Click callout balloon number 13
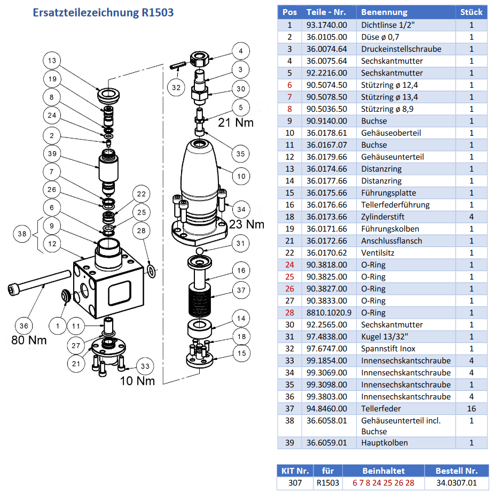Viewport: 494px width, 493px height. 52,60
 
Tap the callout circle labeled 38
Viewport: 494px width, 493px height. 22,234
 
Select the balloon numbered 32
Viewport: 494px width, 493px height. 176,87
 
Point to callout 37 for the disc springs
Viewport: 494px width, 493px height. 241,290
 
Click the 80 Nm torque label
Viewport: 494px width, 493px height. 29,340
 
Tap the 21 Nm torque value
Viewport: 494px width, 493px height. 236,122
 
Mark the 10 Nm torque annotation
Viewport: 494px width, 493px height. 137,381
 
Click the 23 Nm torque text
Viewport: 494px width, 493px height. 246,224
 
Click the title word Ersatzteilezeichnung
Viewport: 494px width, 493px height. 85,13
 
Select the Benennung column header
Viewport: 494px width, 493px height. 384,12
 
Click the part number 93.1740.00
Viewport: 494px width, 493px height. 327,25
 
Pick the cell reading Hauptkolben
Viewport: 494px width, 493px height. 385,443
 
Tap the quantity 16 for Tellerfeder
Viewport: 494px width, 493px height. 472,409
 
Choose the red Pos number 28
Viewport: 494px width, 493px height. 289,313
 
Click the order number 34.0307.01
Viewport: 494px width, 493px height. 457,483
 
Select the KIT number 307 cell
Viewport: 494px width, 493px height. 295,483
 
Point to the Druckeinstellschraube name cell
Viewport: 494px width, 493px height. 401,49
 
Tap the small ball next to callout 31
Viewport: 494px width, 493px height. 199,251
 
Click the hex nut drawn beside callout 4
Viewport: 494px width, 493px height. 200,59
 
